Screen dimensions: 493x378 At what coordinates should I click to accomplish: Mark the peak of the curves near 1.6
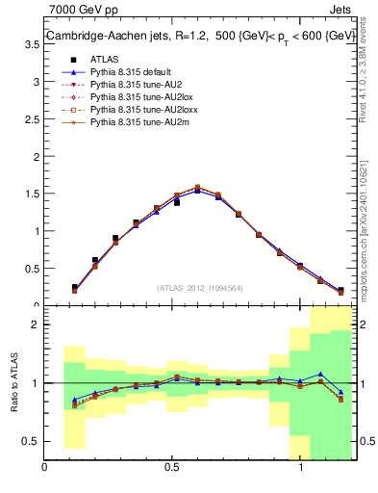click(197, 188)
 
